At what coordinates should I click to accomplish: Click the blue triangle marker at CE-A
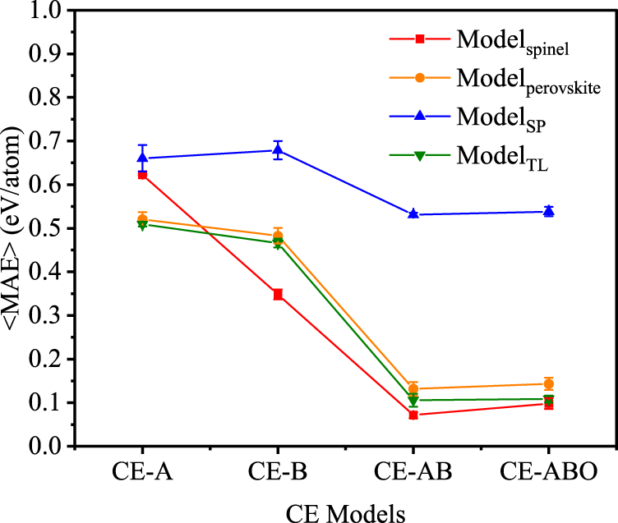pos(142,158)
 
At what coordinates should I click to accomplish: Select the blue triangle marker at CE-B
pos(278,150)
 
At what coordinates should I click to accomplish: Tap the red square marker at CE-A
pos(142,175)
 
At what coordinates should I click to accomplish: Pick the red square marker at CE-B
pos(278,294)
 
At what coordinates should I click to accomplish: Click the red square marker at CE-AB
pos(413,415)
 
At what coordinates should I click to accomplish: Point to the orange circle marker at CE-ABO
pos(548,383)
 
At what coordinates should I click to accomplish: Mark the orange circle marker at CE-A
pos(142,219)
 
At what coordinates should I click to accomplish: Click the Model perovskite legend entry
pos(501,80)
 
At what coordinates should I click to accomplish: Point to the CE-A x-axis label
pos(142,474)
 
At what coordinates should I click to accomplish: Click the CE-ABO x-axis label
pos(548,474)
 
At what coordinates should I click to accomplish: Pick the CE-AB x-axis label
pos(413,474)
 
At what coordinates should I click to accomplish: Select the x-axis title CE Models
pos(345,512)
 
